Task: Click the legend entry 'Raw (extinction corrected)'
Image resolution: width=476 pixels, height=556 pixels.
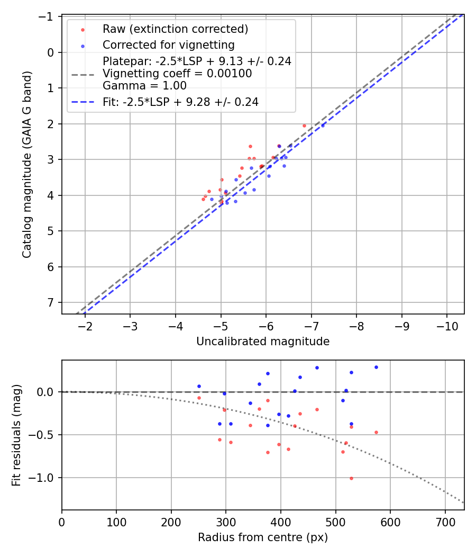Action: point(175,29)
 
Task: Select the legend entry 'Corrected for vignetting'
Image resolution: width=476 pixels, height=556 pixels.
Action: point(169,44)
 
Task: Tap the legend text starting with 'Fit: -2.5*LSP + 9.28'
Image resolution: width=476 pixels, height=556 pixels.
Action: point(180,102)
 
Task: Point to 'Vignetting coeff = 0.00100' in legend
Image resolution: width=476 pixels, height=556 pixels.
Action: point(177,74)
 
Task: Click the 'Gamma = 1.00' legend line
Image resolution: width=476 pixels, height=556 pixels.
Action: point(144,85)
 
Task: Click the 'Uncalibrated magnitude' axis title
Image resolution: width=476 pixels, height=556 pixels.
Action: point(263,342)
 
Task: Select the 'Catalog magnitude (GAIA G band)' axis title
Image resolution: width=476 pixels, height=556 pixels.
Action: point(27,165)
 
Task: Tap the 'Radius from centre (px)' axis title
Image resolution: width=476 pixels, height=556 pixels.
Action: point(263,537)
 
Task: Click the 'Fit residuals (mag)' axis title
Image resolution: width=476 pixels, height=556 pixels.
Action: point(16,435)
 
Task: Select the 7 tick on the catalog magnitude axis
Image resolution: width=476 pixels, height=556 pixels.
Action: point(51,302)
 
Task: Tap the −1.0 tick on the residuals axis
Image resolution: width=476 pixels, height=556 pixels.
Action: point(44,478)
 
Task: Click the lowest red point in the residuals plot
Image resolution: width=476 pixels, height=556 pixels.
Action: point(351,478)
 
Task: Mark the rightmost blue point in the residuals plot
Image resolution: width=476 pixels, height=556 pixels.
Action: point(376,367)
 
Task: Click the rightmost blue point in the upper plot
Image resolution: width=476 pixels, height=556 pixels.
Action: point(323,125)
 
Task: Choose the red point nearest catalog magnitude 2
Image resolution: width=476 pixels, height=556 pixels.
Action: point(304,125)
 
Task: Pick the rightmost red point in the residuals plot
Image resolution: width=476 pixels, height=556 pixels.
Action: point(376,432)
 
